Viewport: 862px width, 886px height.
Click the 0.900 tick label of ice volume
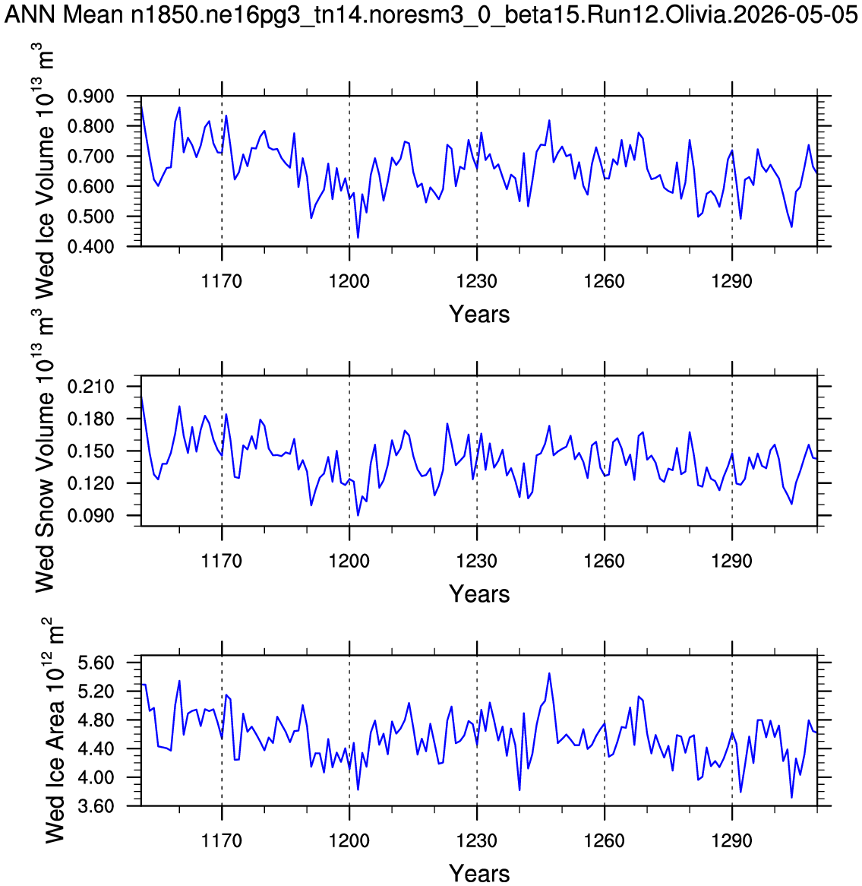coord(90,96)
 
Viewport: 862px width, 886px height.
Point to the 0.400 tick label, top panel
coord(90,246)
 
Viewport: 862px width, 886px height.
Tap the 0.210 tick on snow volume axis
coord(90,387)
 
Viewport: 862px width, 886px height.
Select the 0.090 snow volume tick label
coord(90,515)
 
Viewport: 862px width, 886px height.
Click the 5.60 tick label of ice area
coord(96,663)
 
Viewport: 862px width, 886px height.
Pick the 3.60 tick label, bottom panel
coord(96,805)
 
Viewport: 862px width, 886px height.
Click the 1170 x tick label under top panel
coord(222,281)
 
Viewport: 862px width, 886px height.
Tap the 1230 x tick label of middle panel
coord(477,561)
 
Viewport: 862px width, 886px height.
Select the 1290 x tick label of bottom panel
coord(732,840)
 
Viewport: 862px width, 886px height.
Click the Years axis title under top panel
coord(479,314)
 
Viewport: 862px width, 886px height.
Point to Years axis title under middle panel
coord(479,594)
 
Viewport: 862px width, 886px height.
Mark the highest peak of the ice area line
coord(549,673)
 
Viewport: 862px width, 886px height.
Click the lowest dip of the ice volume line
coord(358,237)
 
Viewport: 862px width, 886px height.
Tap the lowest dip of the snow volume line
coord(358,515)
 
